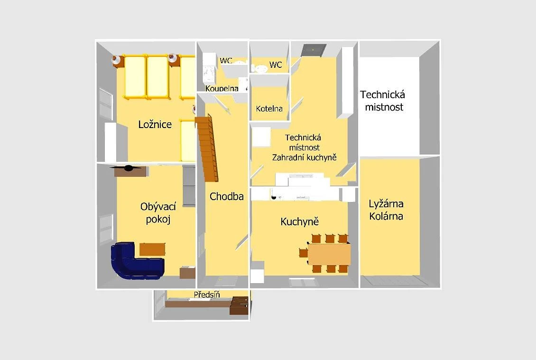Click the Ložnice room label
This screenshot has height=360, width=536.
[155, 124]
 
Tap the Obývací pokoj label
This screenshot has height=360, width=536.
[158, 212]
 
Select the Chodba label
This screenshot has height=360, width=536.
[226, 196]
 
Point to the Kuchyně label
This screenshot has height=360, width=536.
[299, 222]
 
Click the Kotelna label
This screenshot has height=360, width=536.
[269, 109]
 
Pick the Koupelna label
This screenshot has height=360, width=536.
[222, 89]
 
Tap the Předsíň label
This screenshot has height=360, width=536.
[207, 295]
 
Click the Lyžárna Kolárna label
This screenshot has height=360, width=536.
[386, 210]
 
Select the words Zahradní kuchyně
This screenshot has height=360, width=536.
[304, 157]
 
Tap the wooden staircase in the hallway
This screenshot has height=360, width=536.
[207, 148]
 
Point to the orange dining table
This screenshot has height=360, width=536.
[330, 254]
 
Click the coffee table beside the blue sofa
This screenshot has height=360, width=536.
[152, 249]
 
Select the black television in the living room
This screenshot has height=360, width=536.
[128, 168]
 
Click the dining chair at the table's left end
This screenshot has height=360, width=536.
[303, 253]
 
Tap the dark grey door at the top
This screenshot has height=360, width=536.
[314, 50]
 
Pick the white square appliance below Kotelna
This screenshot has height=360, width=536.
[261, 137]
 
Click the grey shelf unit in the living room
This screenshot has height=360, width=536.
[189, 186]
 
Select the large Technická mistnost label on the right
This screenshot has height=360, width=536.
[383, 101]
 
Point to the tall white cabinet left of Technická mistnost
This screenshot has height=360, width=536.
[345, 83]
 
